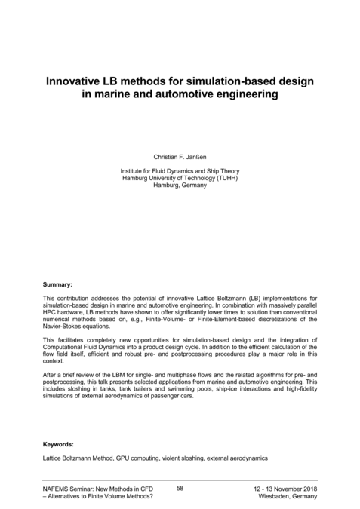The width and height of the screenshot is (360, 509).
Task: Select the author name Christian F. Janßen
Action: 180,156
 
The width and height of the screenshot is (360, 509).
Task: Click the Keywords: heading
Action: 59,444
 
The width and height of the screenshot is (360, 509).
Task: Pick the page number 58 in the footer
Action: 180,489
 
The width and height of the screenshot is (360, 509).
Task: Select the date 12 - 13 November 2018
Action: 285,490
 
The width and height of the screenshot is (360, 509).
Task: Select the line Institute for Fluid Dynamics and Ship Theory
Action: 180,171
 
